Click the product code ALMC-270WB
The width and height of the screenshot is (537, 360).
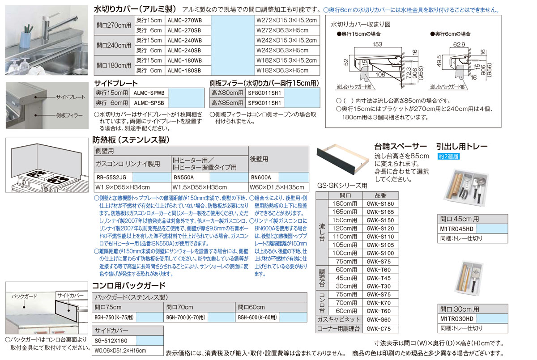pos(184,20)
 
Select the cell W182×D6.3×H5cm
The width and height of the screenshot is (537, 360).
pos(282,70)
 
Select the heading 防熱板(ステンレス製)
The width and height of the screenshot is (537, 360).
pos(131,140)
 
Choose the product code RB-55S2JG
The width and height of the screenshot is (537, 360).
pos(111,177)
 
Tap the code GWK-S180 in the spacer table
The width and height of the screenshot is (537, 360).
pos(380,204)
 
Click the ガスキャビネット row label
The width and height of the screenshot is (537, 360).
pos(338,320)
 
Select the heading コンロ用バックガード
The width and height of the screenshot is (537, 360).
pos(129,285)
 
